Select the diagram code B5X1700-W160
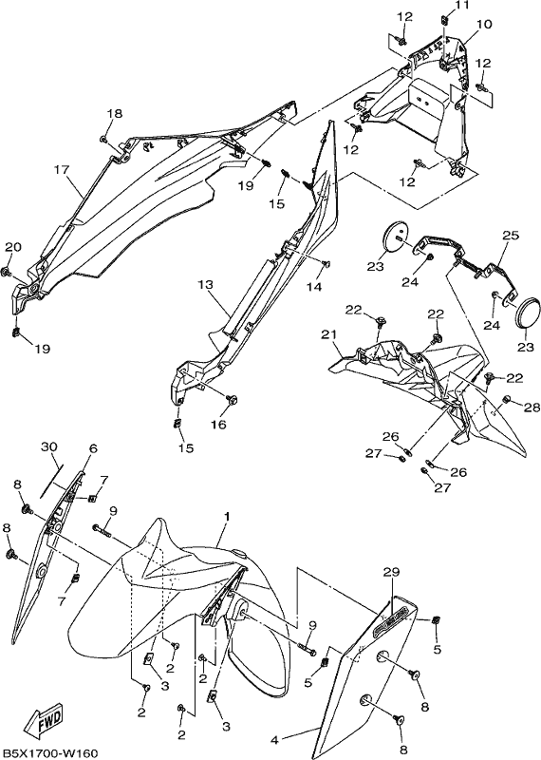pos(49,753)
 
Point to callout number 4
pos(275,740)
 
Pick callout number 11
pos(461,6)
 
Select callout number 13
pos(205,284)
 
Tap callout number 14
pos(314,287)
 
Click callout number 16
pos(218,425)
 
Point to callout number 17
pos(62,170)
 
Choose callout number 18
pos(115,113)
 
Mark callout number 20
pos(13,247)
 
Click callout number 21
pos(328,334)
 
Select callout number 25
pos(511,236)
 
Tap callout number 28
pos(532,408)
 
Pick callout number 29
pos(392,572)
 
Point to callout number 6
pos(93,448)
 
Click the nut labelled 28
pos(507,399)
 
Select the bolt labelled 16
pos(232,399)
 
